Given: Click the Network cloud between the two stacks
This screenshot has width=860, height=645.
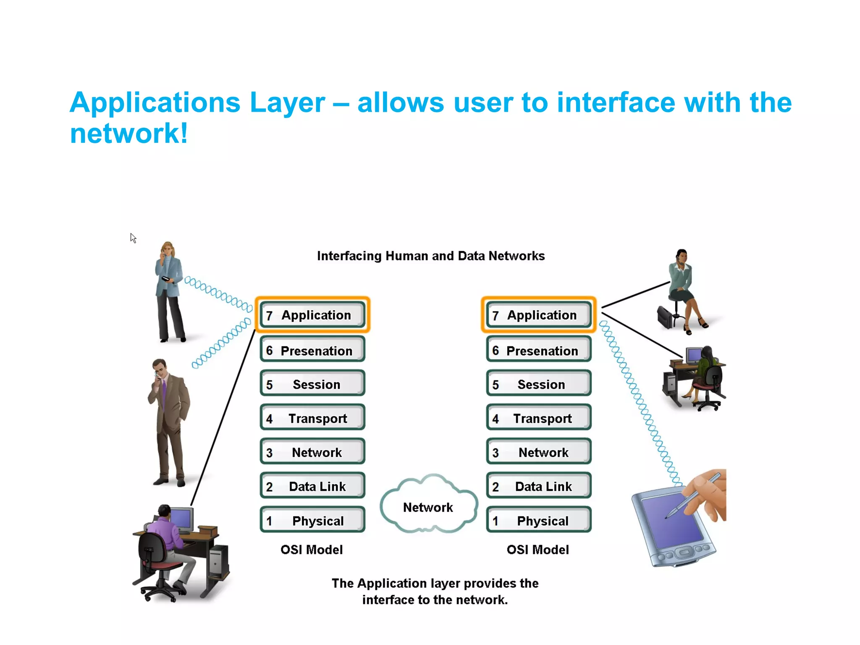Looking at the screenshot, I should click(x=428, y=506).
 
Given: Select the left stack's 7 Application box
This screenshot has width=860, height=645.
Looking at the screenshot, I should click(x=312, y=315).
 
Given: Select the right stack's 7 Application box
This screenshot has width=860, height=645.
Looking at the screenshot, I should click(x=538, y=315).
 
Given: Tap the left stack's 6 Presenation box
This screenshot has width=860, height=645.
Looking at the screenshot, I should click(x=312, y=350).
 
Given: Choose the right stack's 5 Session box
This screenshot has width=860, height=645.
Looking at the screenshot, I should click(x=538, y=384).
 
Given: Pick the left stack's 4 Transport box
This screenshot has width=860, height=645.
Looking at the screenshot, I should click(x=312, y=418).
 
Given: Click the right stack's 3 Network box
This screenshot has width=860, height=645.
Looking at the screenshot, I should click(x=538, y=452).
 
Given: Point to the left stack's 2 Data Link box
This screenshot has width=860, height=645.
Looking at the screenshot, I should click(x=312, y=486).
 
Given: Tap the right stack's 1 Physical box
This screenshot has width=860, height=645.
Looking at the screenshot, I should click(x=538, y=520).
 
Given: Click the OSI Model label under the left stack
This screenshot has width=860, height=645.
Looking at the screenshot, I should click(x=312, y=549).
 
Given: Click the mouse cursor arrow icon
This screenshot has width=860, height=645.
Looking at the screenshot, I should click(x=133, y=238).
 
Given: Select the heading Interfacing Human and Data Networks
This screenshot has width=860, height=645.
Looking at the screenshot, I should click(x=430, y=256).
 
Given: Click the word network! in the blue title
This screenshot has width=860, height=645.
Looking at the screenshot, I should click(x=128, y=134).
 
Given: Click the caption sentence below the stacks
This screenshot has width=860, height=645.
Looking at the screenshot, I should click(x=435, y=591).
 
